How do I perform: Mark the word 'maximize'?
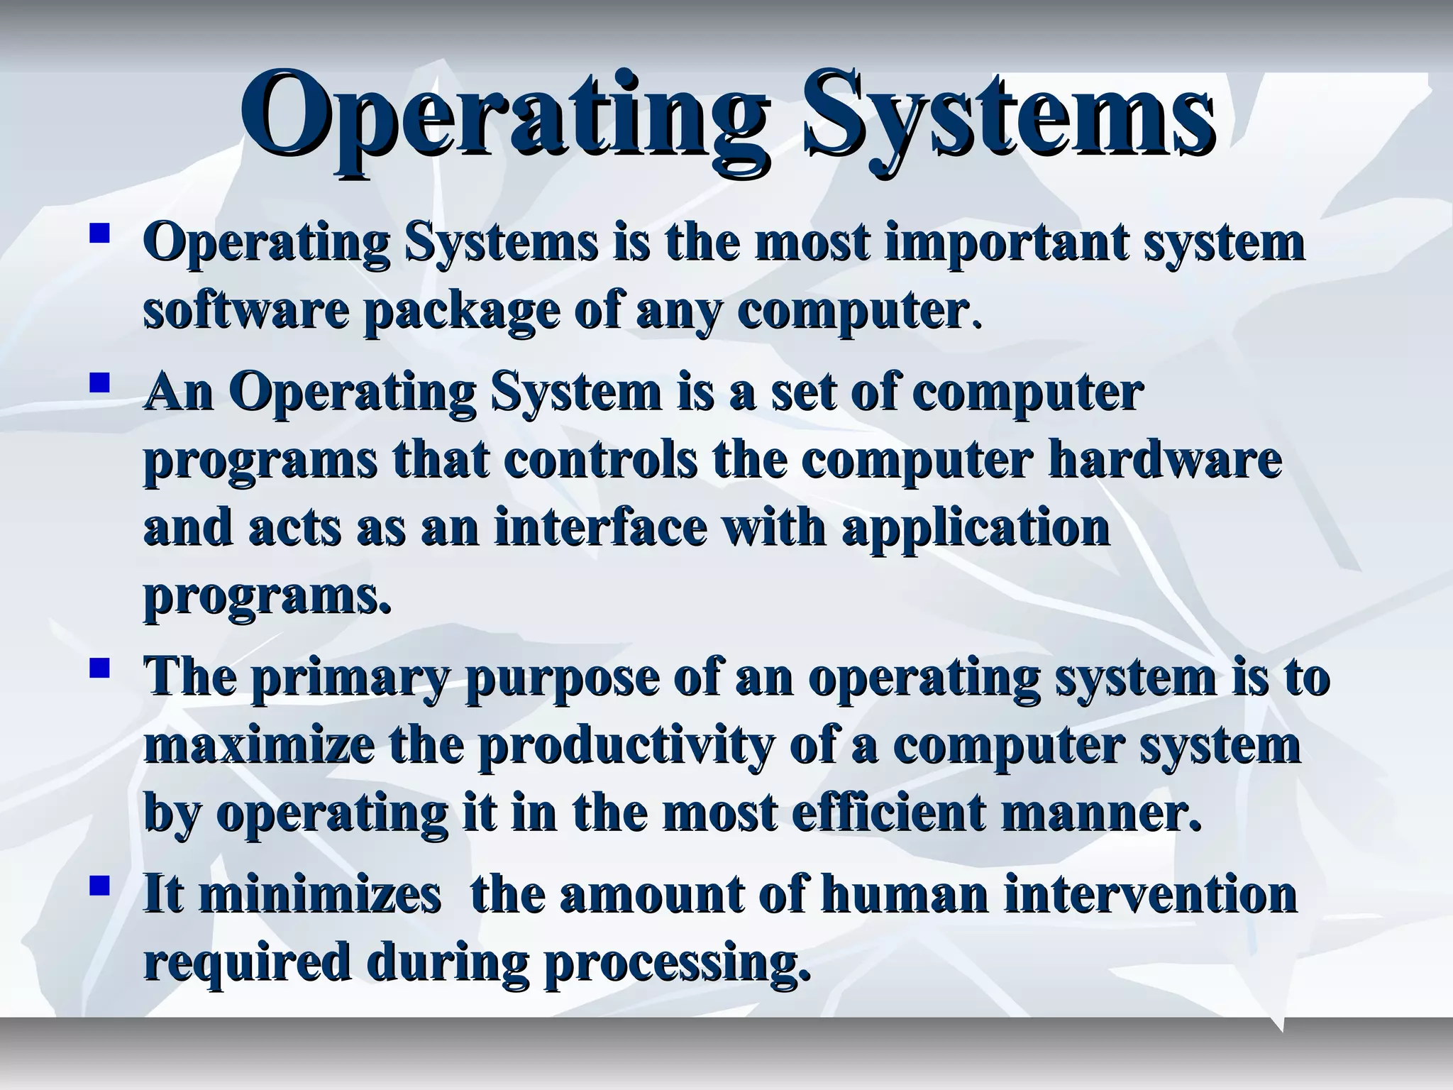tap(259, 745)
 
